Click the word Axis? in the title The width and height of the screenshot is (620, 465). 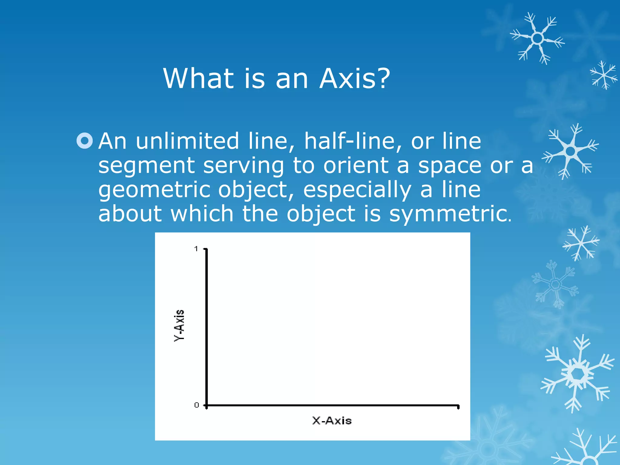coord(355,78)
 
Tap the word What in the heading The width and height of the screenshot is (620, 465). coord(198,78)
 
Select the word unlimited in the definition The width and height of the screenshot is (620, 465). coord(187,141)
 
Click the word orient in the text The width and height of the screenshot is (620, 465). coord(356,166)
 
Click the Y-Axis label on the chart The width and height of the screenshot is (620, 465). coord(179,326)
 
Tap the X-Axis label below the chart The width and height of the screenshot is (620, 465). coord(332,421)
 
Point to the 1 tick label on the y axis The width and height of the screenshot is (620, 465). coord(196,249)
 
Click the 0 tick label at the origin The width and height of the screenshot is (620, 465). coord(196,405)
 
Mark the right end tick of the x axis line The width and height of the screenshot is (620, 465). coord(458,407)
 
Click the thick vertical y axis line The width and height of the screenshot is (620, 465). coord(206,327)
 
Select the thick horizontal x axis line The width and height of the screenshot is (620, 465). coord(333,405)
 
